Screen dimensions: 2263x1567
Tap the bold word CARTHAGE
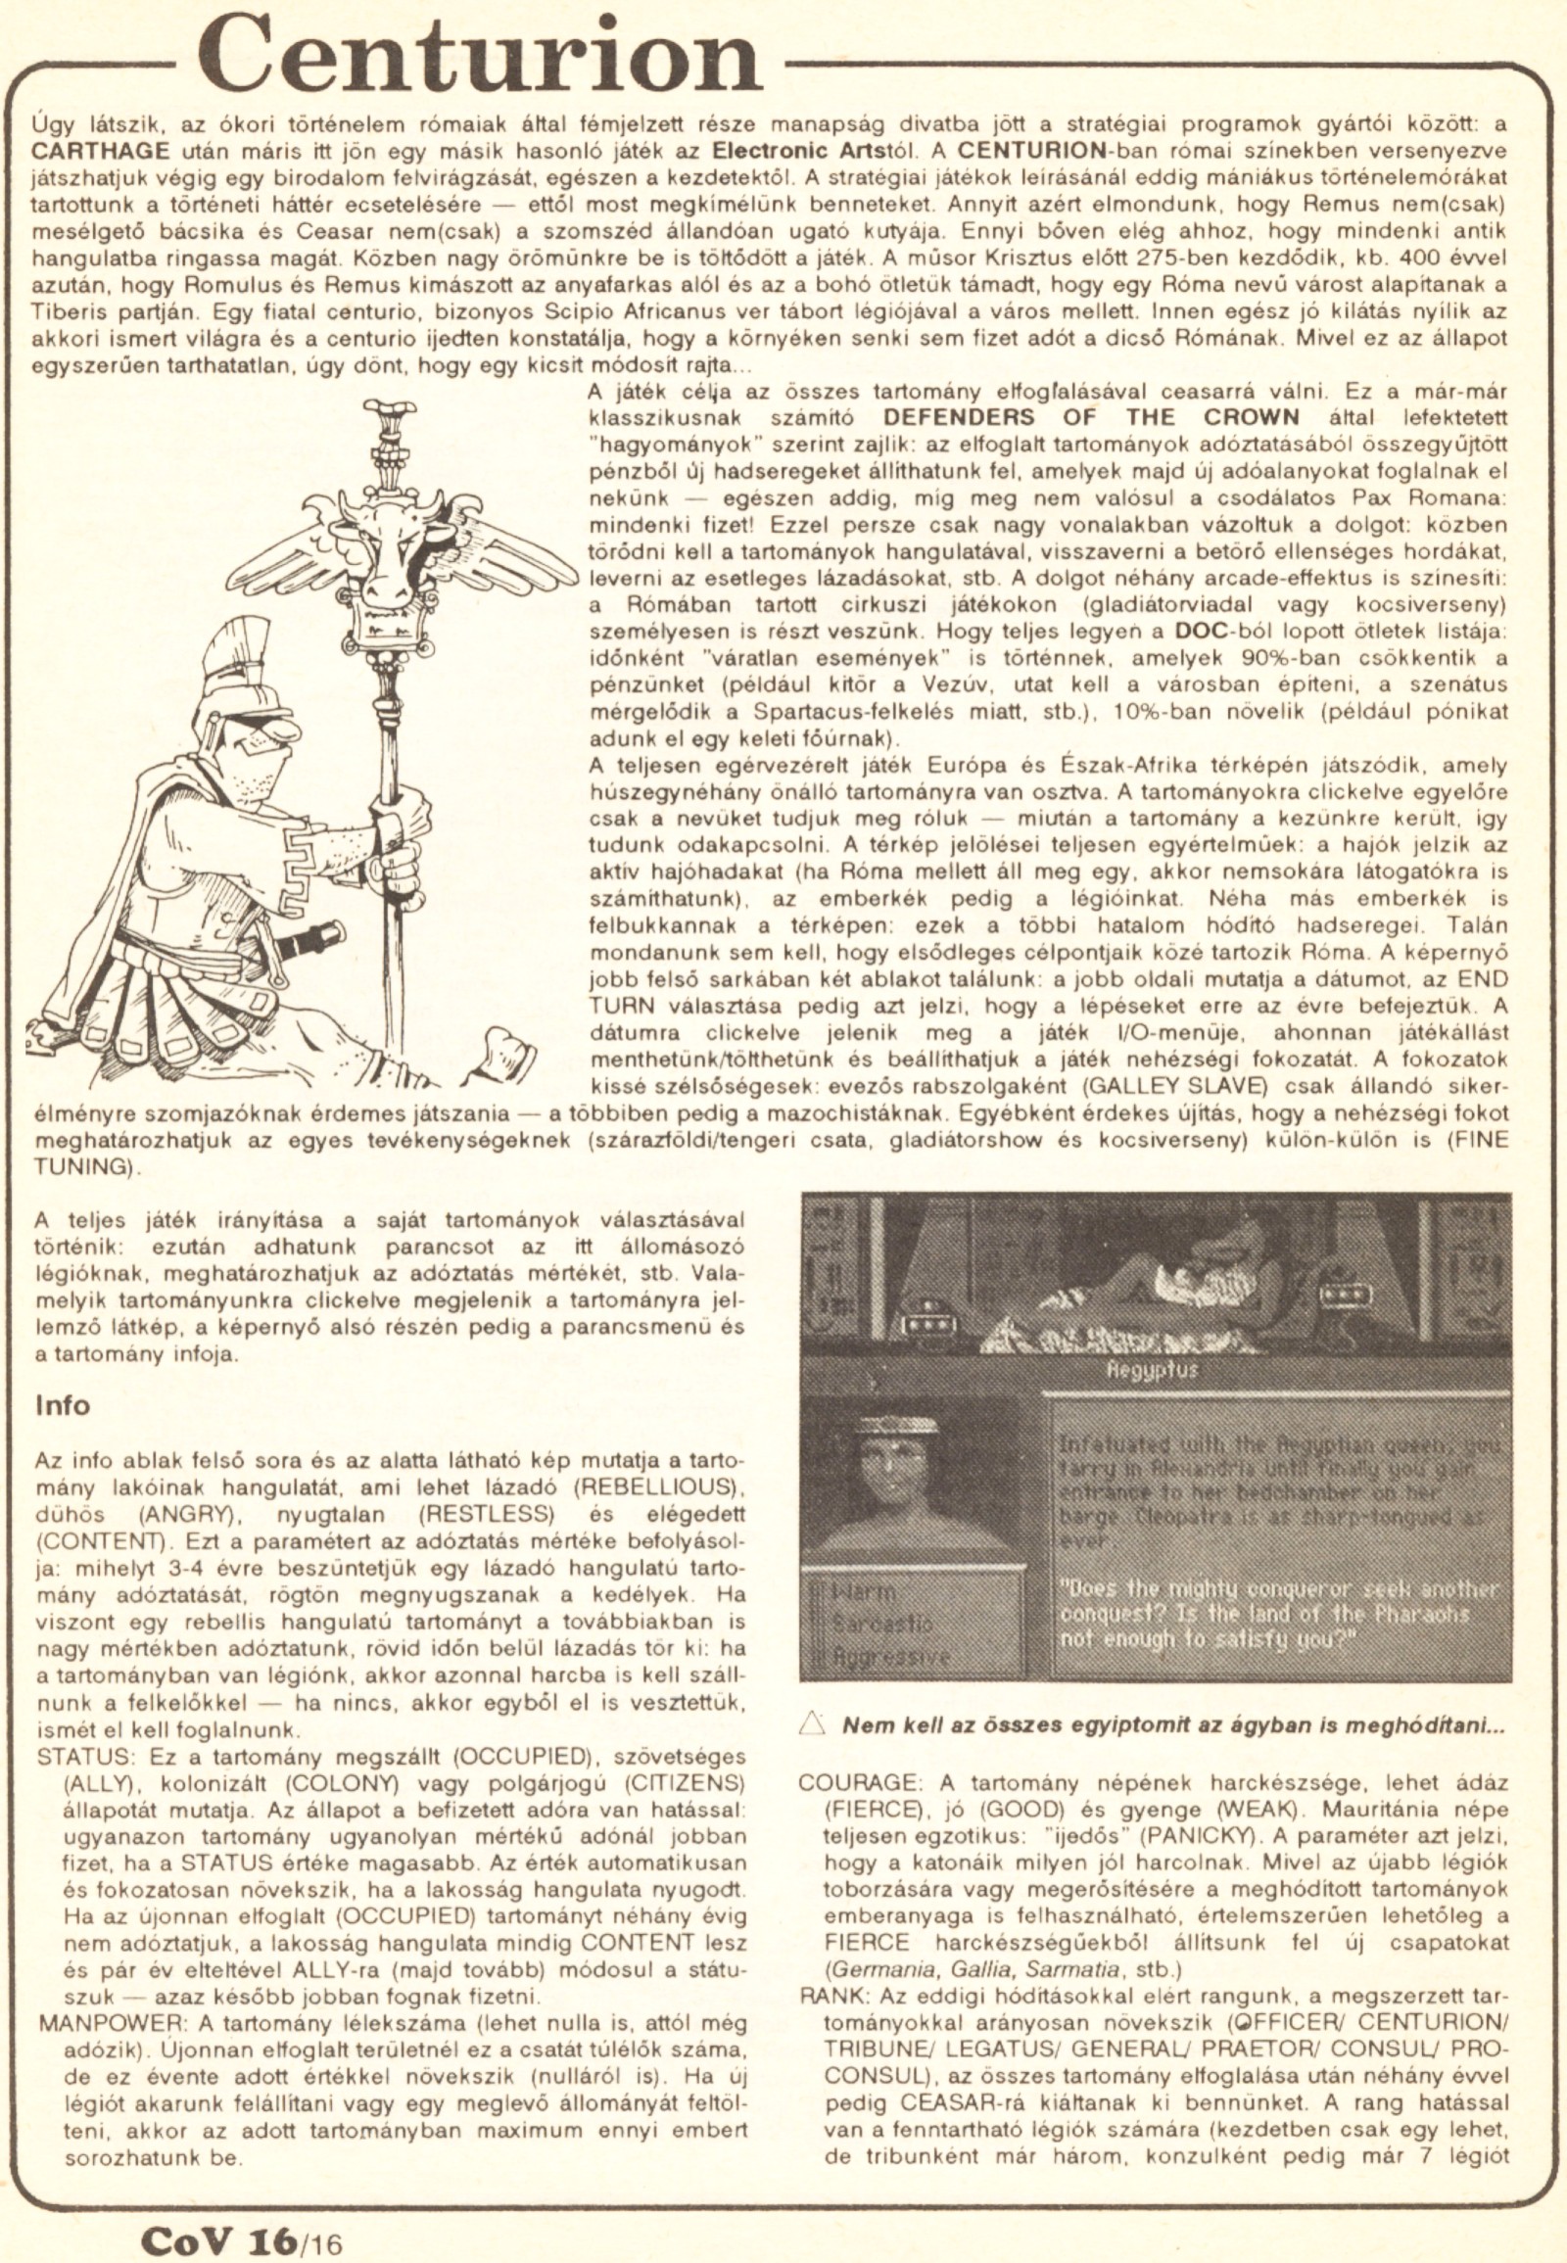(89, 153)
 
